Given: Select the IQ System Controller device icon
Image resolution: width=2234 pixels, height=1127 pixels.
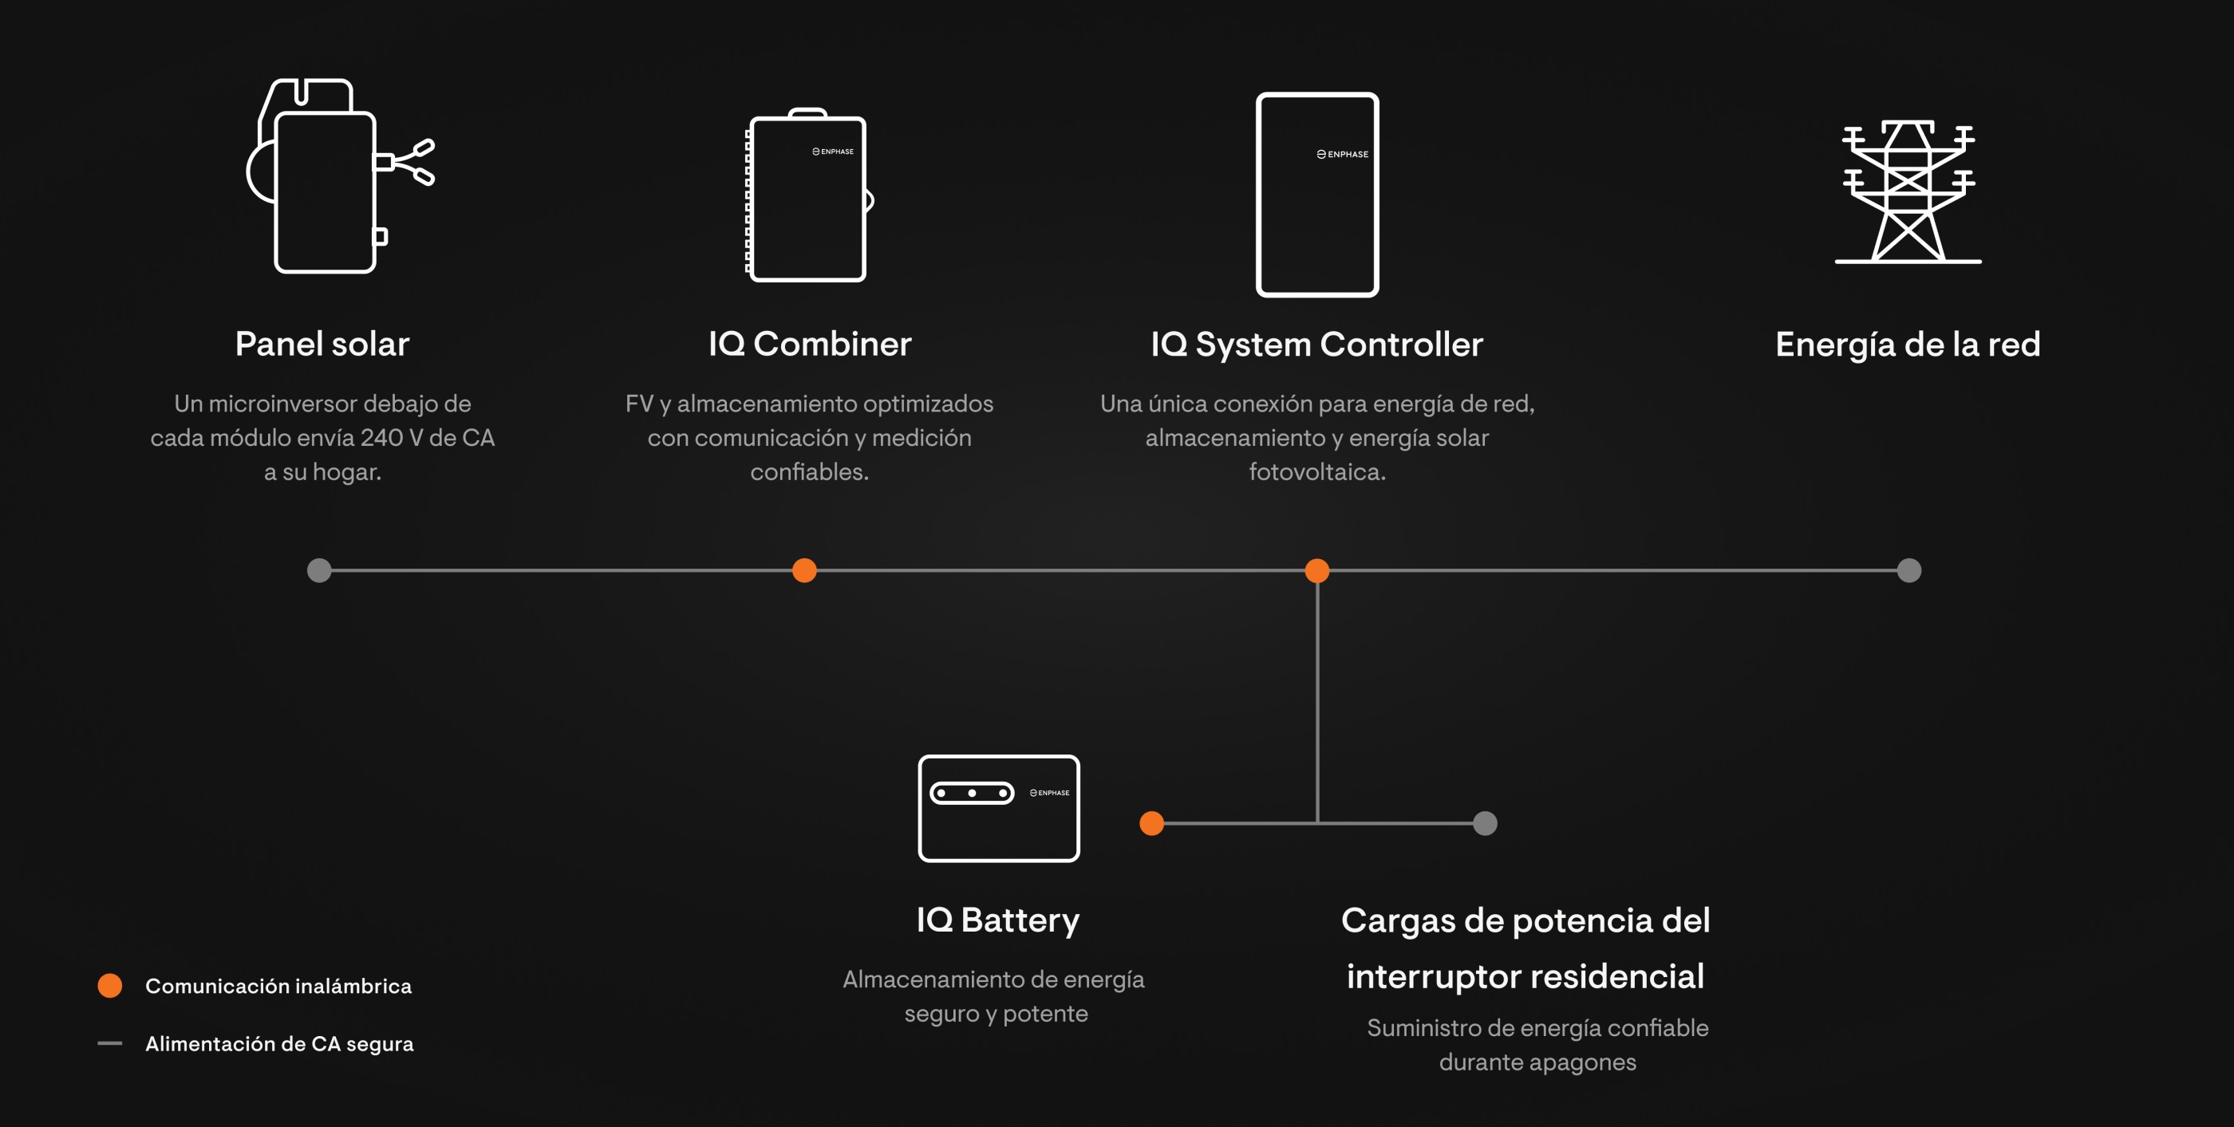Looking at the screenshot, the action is pyautogui.click(x=1317, y=195).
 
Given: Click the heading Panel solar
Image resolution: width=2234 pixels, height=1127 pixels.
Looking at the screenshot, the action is pyautogui.click(x=322, y=345).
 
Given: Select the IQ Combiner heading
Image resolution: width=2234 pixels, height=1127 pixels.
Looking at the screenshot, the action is pyautogui.click(x=810, y=345).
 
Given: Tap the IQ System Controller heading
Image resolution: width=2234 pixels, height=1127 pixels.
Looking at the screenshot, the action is pyautogui.click(x=1317, y=345).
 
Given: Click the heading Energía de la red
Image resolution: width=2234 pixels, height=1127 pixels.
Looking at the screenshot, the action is pyautogui.click(x=1908, y=345).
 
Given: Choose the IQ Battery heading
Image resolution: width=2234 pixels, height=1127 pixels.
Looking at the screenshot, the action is pyautogui.click(x=998, y=920).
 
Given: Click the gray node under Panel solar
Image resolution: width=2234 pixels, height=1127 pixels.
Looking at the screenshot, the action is pyautogui.click(x=319, y=570).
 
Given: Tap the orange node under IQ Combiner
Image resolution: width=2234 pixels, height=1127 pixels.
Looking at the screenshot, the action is pyautogui.click(x=805, y=570).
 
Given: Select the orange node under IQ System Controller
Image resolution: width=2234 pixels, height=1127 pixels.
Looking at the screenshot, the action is pyautogui.click(x=1317, y=570).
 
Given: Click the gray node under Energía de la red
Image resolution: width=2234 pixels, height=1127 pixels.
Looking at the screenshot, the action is pyautogui.click(x=1909, y=570).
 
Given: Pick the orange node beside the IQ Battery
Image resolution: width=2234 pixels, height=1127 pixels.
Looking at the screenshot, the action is pyautogui.click(x=1151, y=824).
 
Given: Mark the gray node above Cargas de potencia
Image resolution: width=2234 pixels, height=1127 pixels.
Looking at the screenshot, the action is pyautogui.click(x=1486, y=824).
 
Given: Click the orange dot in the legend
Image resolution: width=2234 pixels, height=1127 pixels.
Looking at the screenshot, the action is pyautogui.click(x=110, y=986).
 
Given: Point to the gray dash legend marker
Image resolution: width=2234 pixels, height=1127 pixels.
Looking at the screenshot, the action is pyautogui.click(x=110, y=1043).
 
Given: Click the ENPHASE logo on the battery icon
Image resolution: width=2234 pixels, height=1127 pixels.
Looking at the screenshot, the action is pyautogui.click(x=1049, y=792).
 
